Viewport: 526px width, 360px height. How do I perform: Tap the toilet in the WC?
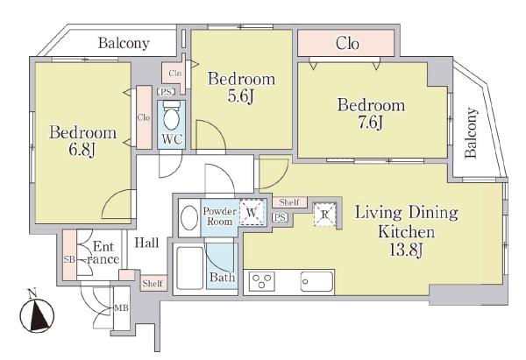pyautogui.click(x=172, y=116)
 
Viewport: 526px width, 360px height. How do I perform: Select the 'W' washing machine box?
pyautogui.click(x=252, y=213)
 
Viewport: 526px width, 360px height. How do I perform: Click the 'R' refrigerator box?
pyautogui.click(x=324, y=215)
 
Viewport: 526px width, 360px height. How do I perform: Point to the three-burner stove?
pyautogui.click(x=262, y=282)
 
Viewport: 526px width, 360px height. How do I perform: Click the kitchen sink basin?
pyautogui.click(x=316, y=282)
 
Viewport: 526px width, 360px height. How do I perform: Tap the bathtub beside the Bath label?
pyautogui.click(x=189, y=268)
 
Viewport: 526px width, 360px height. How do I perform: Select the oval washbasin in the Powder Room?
pyautogui.click(x=189, y=218)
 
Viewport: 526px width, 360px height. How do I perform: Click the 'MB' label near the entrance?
pyautogui.click(x=122, y=307)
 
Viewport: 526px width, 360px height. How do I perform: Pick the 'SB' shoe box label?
pyautogui.click(x=69, y=259)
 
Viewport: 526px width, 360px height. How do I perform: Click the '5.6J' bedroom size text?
pyautogui.click(x=241, y=96)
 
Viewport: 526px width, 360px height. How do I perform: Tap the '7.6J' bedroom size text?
pyautogui.click(x=370, y=123)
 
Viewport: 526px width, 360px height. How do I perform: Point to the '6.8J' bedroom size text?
pyautogui.click(x=82, y=150)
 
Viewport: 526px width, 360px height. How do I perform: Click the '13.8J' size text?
pyautogui.click(x=406, y=250)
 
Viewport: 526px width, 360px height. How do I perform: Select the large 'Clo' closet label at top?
pyautogui.click(x=347, y=44)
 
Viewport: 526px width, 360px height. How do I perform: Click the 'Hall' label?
pyautogui.click(x=146, y=243)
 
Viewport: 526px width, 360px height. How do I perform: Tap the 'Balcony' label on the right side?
pyautogui.click(x=471, y=132)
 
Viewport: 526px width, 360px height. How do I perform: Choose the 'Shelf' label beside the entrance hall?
pyautogui.click(x=153, y=284)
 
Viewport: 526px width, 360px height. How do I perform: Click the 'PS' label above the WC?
pyautogui.click(x=166, y=91)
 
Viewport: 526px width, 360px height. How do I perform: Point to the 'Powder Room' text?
pyautogui.click(x=220, y=216)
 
